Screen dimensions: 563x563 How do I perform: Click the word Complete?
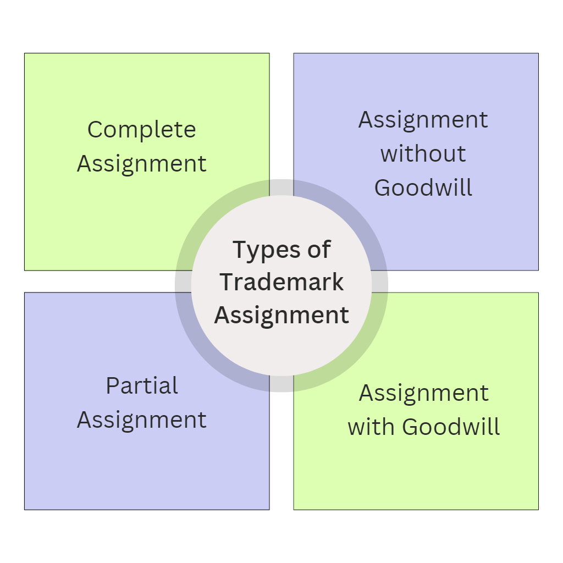pyautogui.click(x=141, y=130)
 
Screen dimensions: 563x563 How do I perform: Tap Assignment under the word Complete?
pyautogui.click(x=141, y=164)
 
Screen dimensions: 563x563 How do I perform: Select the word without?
pyautogui.click(x=423, y=153)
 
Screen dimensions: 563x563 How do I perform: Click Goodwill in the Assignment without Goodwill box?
pyautogui.click(x=423, y=187)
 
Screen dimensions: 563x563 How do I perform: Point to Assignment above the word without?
pyautogui.click(x=423, y=120)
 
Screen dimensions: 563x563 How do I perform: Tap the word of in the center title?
pyautogui.click(x=318, y=250)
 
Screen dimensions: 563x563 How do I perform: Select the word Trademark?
pyautogui.click(x=281, y=283)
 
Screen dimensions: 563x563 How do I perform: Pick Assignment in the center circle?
pyautogui.click(x=281, y=316)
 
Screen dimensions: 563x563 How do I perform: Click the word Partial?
pyautogui.click(x=141, y=386)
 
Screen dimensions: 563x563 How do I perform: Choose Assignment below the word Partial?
pyautogui.click(x=141, y=420)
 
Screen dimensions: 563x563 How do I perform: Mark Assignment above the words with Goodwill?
pyautogui.click(x=423, y=393)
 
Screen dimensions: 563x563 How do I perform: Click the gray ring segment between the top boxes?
pyautogui.click(x=281, y=187)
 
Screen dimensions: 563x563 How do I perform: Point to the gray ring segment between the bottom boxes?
pyautogui.click(x=281, y=384)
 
